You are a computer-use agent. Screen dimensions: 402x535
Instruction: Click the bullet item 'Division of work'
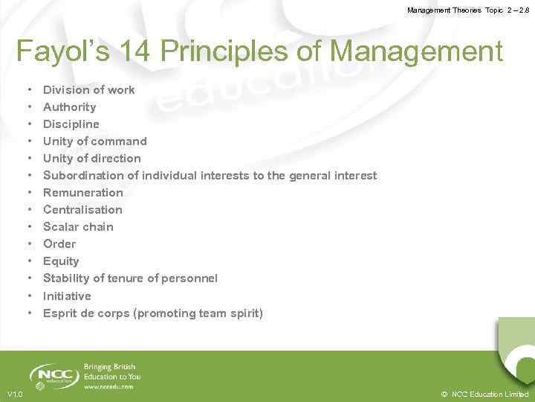88,90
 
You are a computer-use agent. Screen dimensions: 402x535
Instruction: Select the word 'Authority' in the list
69,107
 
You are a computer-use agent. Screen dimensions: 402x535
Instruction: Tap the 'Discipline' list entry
71,124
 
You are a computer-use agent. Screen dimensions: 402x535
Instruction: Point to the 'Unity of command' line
94,141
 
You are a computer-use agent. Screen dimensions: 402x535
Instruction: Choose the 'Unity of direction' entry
91,159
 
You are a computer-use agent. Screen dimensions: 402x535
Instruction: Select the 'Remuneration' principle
82,193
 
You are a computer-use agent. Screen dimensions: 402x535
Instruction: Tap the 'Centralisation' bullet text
82,210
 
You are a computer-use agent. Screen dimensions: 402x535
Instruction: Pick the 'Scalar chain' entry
78,227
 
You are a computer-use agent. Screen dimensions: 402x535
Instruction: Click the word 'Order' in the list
59,244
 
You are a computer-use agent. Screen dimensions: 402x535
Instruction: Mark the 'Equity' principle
61,261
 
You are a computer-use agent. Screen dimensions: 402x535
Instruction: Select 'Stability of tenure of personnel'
130,278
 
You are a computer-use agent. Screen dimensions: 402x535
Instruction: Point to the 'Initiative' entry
67,296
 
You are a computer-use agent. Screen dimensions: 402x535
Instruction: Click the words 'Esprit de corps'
86,313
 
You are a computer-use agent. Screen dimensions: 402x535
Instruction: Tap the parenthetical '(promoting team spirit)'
198,313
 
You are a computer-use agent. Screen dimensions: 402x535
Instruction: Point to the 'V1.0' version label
15,394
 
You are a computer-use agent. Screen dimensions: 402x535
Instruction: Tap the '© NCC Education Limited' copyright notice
484,394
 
